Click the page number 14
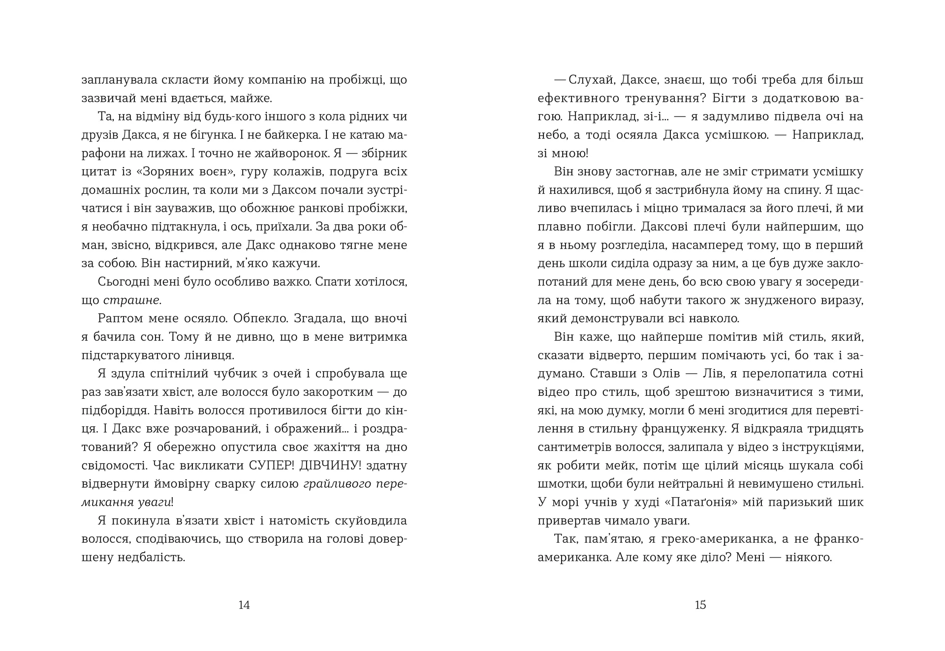(244, 605)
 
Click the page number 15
(700, 605)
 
